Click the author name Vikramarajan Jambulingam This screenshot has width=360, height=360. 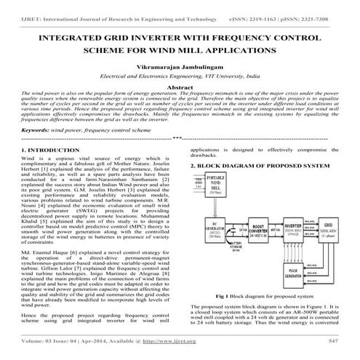click(x=180, y=86)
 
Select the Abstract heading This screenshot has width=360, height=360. click(x=180, y=106)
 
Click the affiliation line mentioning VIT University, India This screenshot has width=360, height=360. click(x=180, y=97)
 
